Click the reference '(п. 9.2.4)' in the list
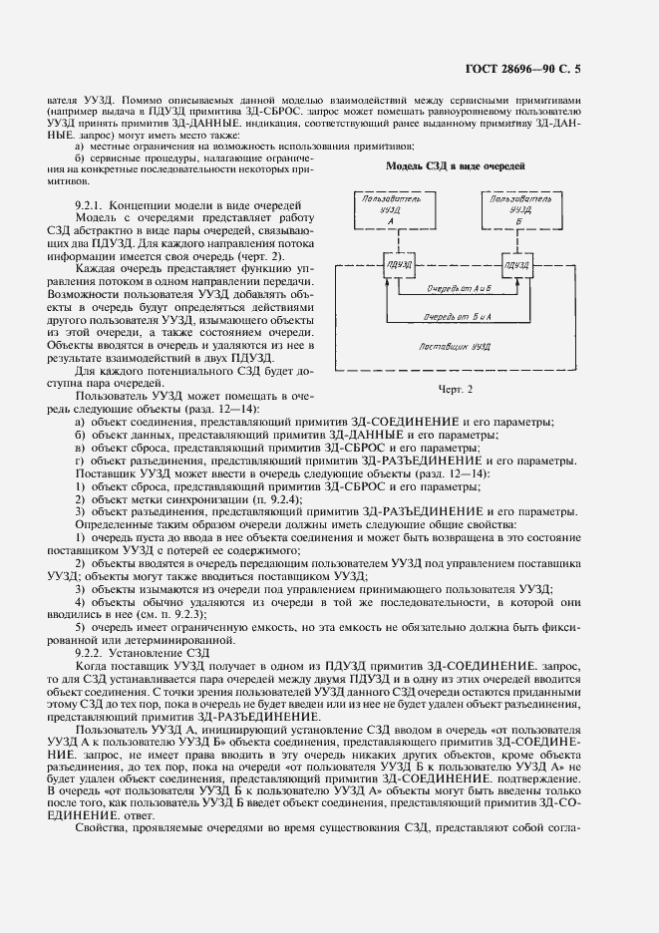tap(256, 498)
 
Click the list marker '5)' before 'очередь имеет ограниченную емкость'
tap(82, 627)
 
